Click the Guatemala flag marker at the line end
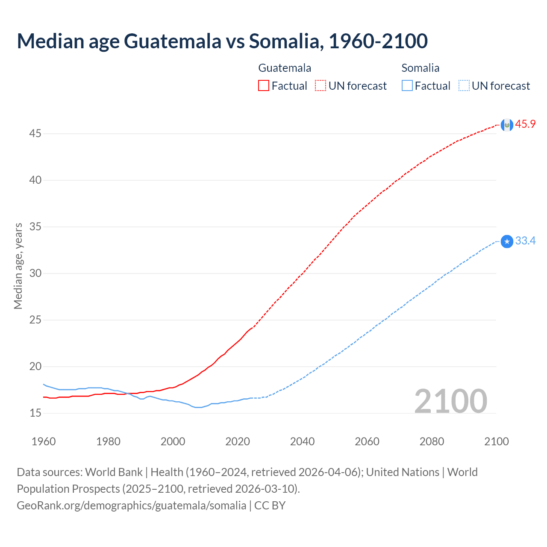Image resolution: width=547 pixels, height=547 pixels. tap(507, 125)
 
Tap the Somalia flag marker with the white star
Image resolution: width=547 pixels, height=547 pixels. tap(507, 242)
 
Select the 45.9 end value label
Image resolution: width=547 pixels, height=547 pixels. tap(525, 124)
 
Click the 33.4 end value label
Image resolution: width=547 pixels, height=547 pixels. tap(525, 241)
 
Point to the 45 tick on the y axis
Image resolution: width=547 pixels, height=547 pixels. tap(35, 134)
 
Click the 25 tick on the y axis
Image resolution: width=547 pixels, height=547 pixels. tap(35, 320)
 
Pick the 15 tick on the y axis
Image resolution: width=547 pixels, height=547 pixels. tap(35, 413)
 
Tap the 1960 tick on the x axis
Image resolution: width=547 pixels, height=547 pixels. tap(44, 441)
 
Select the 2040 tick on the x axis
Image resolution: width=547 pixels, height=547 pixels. tap(302, 441)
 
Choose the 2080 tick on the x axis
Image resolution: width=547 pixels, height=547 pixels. tap(432, 441)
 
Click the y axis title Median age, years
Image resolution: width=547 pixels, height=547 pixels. tap(18, 266)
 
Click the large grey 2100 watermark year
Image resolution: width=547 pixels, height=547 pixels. tap(450, 401)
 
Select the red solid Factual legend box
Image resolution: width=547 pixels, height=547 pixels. tap(264, 86)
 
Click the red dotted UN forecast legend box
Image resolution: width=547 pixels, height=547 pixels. tap(321, 86)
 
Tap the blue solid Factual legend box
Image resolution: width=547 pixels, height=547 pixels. tap(407, 86)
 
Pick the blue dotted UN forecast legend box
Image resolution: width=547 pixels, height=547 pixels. tap(464, 86)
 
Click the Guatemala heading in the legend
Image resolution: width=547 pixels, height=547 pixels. tap(285, 68)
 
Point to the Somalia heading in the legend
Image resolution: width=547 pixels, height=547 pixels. tap(420, 68)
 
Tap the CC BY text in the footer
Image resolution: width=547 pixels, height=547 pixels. tap(270, 506)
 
